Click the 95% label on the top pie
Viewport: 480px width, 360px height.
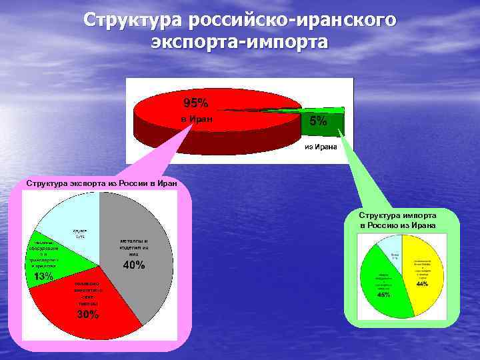coord(196,103)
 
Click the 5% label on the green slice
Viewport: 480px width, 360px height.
coord(318,121)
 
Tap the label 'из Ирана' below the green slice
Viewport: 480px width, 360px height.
coord(321,146)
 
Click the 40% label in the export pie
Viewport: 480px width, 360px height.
coord(134,265)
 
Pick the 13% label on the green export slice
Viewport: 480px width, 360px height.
coord(44,276)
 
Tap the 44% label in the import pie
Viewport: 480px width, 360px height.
coord(422,284)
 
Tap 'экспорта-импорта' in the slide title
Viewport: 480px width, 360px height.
coord(240,42)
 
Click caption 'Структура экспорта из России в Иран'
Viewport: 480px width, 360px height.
coord(101,183)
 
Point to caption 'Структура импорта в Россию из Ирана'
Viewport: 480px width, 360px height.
coord(397,220)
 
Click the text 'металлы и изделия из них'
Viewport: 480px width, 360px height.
coord(134,247)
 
